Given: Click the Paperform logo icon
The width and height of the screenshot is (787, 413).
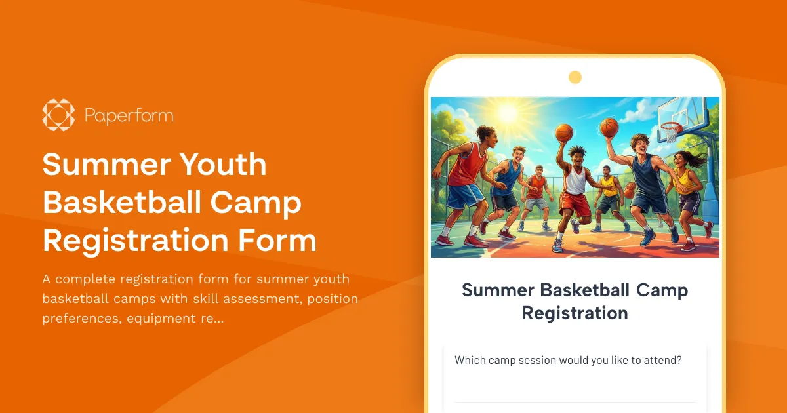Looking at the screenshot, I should click(58, 115).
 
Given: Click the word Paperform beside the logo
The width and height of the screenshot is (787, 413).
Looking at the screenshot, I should click(129, 116).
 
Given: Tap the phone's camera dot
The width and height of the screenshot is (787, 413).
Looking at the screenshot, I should click(575, 78).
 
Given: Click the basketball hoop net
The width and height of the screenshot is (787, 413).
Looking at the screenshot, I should click(670, 132).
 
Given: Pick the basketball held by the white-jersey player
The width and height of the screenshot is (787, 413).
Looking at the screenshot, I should click(564, 132).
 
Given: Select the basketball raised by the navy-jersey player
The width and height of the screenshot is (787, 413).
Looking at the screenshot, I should click(609, 127).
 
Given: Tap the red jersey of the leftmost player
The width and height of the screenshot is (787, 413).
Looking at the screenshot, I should click(468, 164).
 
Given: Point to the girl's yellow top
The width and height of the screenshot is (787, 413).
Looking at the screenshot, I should click(685, 178).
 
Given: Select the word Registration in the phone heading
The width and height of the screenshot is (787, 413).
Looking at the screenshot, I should click(575, 313).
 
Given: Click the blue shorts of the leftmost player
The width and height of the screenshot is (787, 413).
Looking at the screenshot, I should click(465, 195).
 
